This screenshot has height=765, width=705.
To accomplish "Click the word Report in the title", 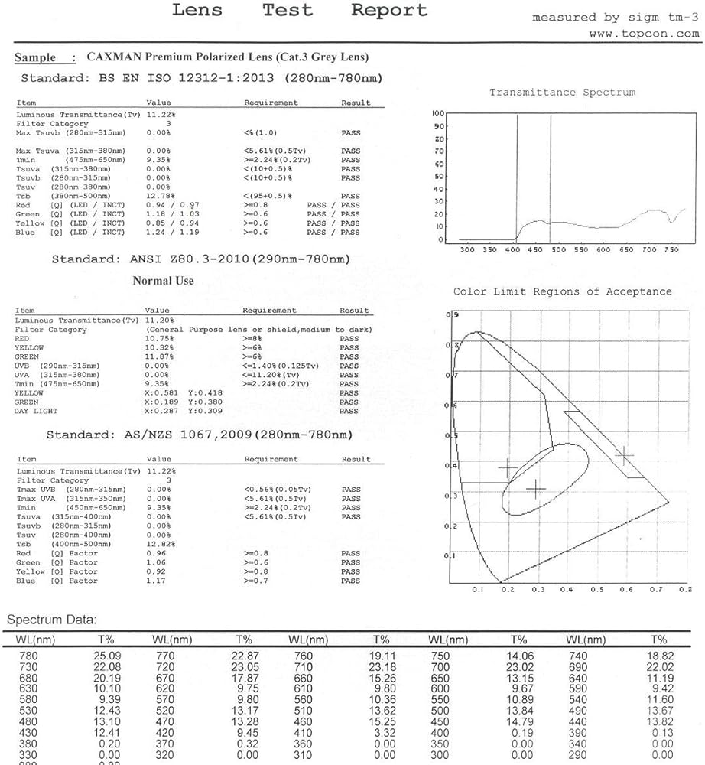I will pos(388,11).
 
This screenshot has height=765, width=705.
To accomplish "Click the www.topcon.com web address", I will pos(644,34).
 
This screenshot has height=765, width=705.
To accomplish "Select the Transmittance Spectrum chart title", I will pos(562,93).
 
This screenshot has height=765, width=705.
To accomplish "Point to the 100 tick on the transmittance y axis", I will pos(438,113).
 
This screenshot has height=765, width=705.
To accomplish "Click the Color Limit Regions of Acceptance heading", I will pos(562,291).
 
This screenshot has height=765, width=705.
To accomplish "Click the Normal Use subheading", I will pos(163,281).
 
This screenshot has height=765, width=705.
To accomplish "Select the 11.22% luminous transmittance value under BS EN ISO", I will pos(158,114).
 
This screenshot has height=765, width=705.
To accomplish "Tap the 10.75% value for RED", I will pos(158,338).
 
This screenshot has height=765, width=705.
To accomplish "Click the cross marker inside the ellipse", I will pos(536,488).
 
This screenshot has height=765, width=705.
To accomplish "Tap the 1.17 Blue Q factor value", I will pos(155,581).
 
